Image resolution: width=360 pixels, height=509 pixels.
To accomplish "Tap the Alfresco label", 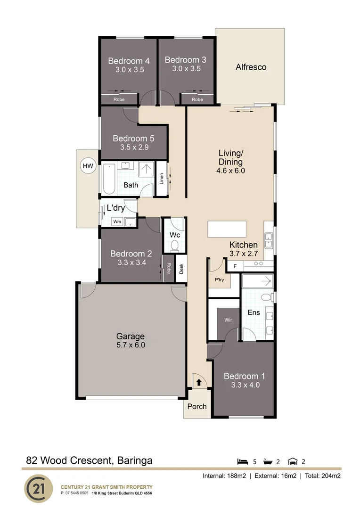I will click(251, 67).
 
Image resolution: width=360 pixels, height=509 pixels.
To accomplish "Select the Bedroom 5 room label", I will click(133, 139).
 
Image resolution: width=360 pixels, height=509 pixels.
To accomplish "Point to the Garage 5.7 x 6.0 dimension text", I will click(131, 345).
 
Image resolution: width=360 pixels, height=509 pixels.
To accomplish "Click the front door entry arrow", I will click(198, 382).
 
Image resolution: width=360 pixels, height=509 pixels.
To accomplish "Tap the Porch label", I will click(197, 406).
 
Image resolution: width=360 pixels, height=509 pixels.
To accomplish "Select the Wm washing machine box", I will click(117, 222).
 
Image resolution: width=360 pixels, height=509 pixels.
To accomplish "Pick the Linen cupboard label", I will click(162, 179).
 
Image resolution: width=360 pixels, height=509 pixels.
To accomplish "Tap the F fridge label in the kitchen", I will click(235, 266).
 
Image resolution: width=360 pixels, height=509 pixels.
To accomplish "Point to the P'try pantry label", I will click(219, 279).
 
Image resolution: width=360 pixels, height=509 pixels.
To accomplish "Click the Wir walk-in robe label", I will click(228, 320).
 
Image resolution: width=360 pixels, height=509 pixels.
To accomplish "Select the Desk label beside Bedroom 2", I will click(181, 269).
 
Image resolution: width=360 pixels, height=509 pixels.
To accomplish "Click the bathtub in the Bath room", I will click(109, 179).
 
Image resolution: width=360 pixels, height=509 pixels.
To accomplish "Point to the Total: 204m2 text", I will click(322, 476).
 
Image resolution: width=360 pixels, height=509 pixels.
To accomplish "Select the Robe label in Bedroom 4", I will click(118, 99).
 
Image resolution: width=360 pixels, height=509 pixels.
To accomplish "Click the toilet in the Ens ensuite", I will click(267, 297).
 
